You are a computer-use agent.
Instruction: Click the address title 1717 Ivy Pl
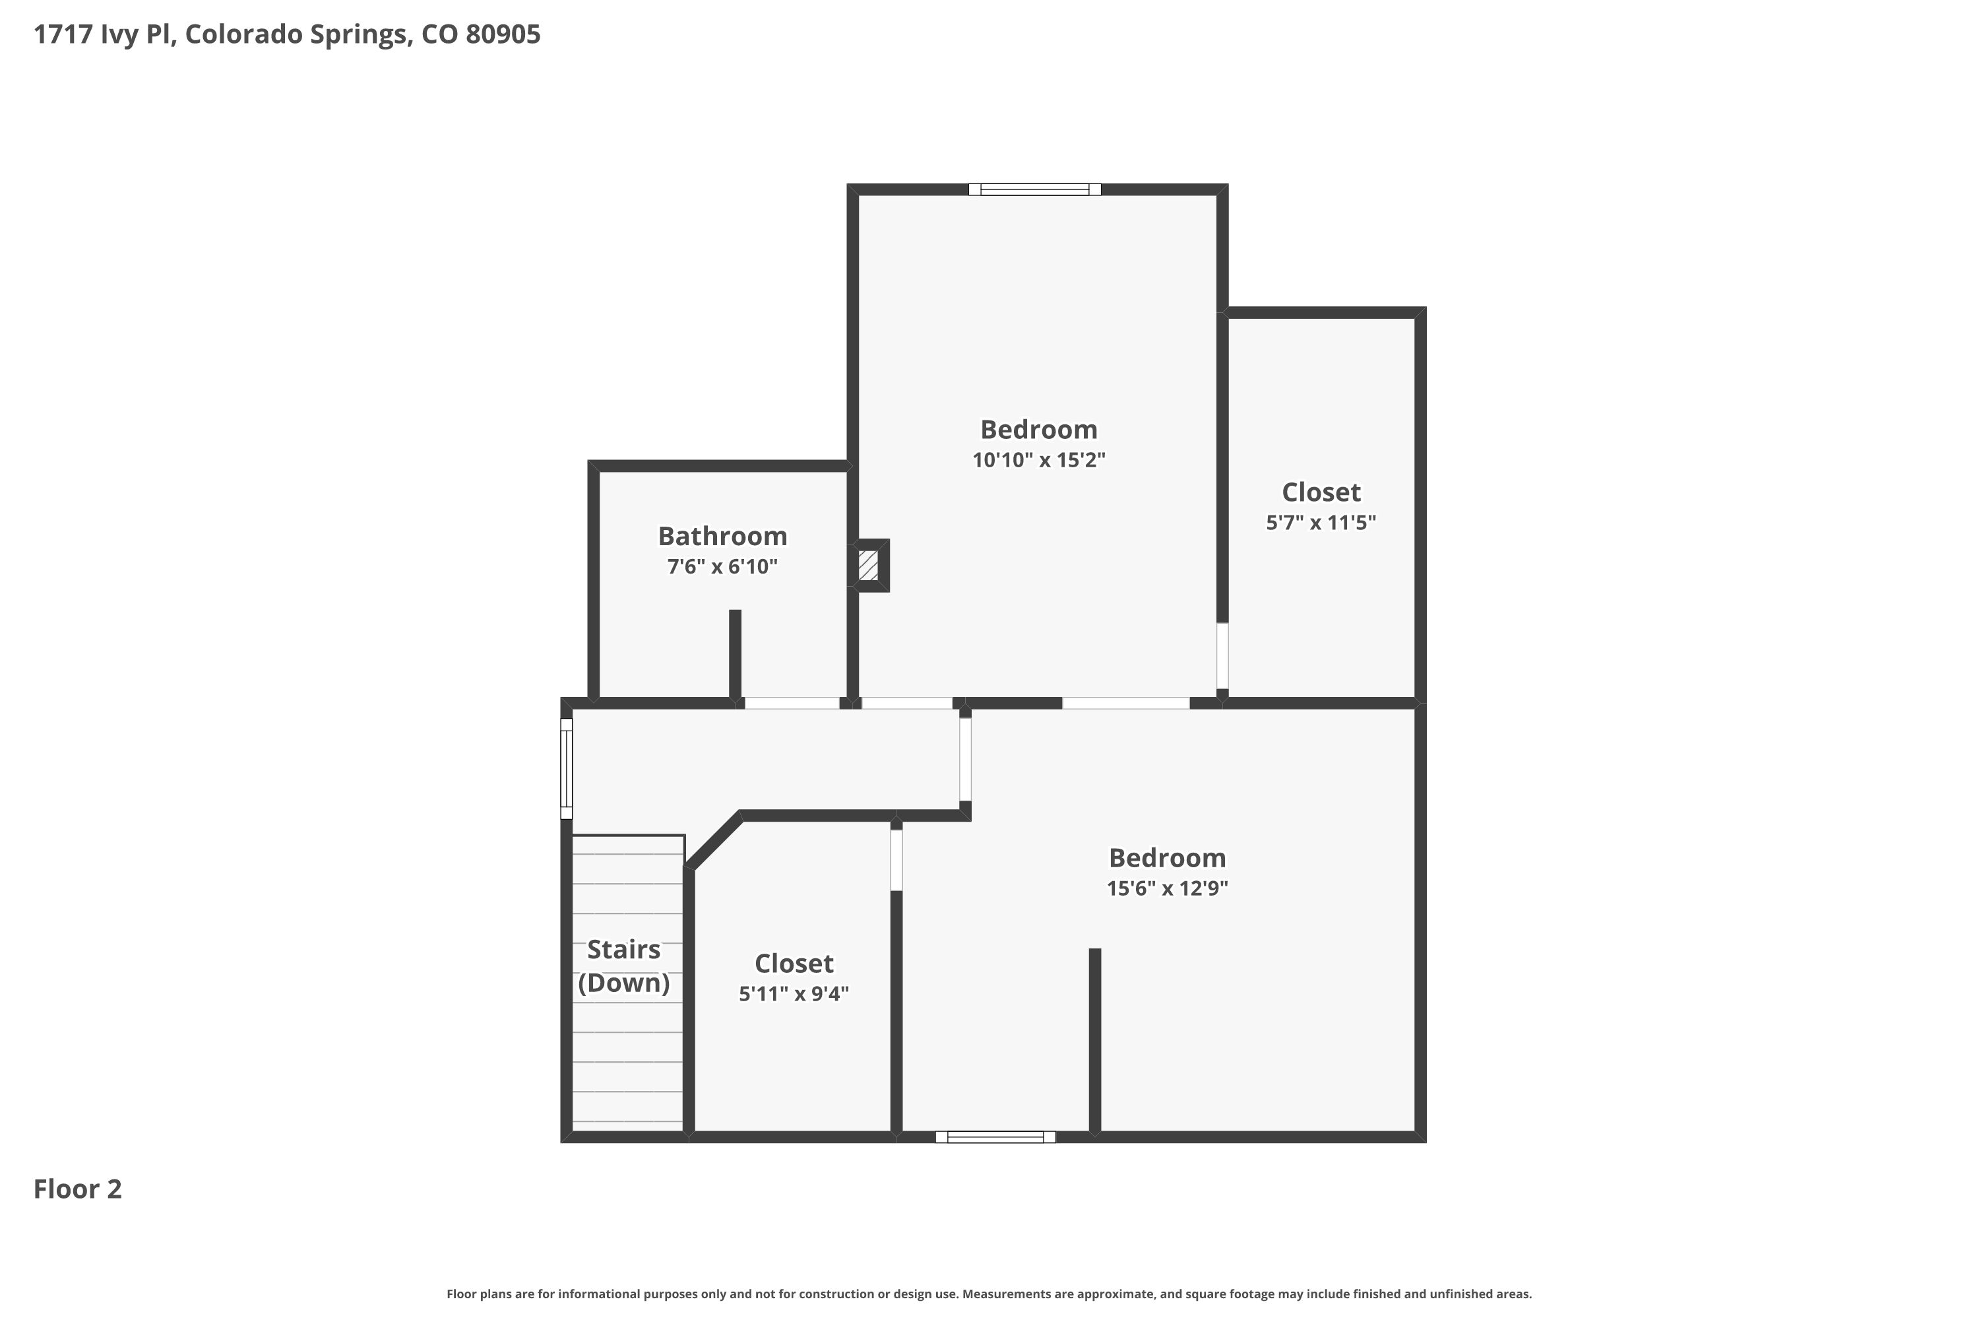(x=287, y=34)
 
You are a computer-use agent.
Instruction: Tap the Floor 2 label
(x=77, y=1189)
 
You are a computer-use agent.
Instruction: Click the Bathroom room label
(x=723, y=535)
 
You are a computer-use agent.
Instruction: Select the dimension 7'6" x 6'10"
(x=723, y=566)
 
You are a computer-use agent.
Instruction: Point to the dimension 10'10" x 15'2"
(x=1039, y=459)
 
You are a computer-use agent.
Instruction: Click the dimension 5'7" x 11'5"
(x=1321, y=522)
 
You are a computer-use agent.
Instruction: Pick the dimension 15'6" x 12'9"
(x=1167, y=888)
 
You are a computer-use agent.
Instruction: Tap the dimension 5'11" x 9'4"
(x=794, y=993)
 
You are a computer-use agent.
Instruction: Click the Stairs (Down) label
(x=623, y=966)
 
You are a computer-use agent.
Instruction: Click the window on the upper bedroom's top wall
(x=1035, y=189)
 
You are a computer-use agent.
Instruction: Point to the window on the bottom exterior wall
(x=995, y=1137)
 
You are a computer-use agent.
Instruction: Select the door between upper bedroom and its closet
(x=1222, y=656)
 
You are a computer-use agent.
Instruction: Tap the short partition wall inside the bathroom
(x=735, y=654)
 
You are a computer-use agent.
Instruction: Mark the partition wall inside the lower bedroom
(x=1094, y=1041)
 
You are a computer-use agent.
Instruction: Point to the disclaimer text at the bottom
(x=989, y=1294)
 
